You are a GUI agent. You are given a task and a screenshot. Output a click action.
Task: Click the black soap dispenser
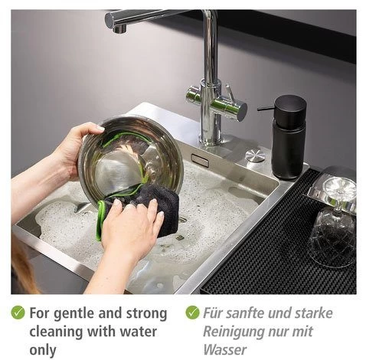point(288,138)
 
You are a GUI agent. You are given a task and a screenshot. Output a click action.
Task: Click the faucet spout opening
point(119,30)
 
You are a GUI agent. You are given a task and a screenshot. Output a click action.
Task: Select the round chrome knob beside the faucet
point(255,155)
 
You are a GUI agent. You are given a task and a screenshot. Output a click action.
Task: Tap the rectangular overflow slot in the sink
point(200,161)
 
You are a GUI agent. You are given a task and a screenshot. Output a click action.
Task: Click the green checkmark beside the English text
point(18,313)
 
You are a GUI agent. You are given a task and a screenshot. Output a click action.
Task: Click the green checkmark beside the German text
point(192,313)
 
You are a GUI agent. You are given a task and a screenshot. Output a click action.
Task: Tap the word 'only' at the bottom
point(43,350)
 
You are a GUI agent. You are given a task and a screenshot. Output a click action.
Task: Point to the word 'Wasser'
point(225,350)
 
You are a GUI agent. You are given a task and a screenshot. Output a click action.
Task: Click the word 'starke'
point(314,313)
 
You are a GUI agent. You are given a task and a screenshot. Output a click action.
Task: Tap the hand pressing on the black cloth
point(132,227)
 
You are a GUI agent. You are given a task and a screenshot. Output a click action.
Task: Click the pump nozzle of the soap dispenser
point(266,109)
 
